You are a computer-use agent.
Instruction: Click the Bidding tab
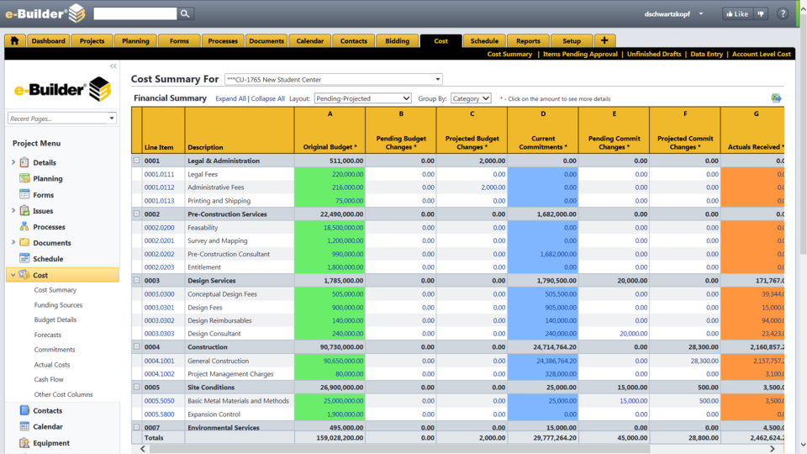[398, 41]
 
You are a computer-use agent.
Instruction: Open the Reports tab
[528, 41]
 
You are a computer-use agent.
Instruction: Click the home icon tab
[14, 41]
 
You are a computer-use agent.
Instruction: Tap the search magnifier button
[186, 13]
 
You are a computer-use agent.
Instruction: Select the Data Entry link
[706, 54]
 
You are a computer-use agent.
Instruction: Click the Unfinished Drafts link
[654, 54]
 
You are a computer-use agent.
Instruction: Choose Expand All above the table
[230, 98]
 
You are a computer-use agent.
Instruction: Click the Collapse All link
[268, 98]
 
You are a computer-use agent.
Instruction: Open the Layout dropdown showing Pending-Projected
[362, 98]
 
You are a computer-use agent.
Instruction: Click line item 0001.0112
[159, 187]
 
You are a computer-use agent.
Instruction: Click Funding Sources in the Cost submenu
[58, 305]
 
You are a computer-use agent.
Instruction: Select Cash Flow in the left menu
[49, 380]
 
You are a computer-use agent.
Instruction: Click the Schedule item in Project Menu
[48, 259]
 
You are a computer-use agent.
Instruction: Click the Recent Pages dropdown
[62, 119]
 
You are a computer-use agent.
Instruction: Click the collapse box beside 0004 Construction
[137, 347]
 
